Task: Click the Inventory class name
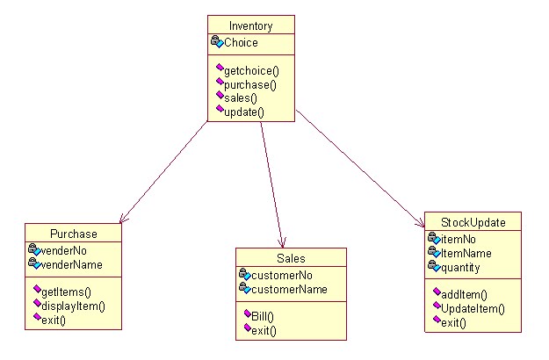pyautogui.click(x=251, y=25)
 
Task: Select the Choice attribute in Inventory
pyautogui.click(x=242, y=42)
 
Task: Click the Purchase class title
pyautogui.click(x=73, y=234)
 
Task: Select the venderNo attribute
pyautogui.click(x=70, y=249)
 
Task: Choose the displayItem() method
pyautogui.click(x=75, y=306)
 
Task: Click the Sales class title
pyautogui.click(x=291, y=258)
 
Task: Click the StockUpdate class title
pyautogui.click(x=474, y=222)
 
